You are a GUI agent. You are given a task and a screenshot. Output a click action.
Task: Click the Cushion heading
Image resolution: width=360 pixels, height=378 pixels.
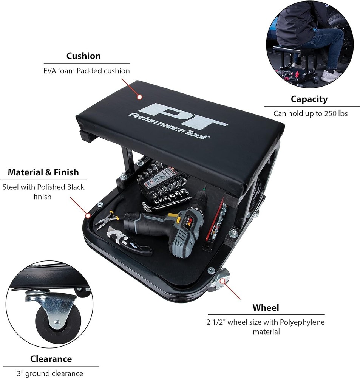pos(83,56)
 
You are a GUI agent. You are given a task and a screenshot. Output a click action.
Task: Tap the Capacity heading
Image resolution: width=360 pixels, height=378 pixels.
pos(309,99)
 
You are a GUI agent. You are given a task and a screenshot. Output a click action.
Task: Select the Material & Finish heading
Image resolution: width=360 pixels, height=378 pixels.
pos(43,172)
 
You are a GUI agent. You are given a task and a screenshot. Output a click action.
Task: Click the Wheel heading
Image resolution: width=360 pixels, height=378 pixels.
pos(266,307)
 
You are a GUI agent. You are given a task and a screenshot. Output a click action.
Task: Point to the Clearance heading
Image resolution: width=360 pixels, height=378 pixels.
pos(51,358)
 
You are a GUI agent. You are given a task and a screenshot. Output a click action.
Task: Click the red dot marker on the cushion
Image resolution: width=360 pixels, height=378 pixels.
pos(139,97)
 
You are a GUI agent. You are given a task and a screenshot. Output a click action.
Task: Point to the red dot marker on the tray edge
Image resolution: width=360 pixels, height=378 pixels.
pos(88,216)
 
